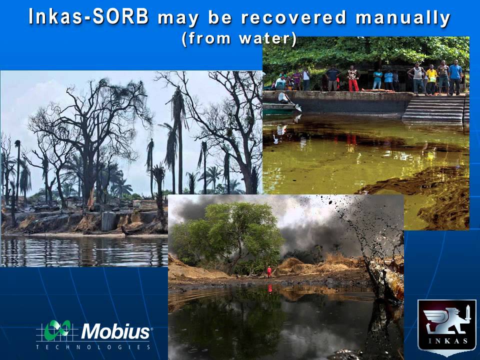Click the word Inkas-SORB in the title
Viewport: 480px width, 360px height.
point(89,17)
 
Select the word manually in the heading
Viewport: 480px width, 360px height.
point(403,18)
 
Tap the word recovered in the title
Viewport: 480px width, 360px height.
point(293,17)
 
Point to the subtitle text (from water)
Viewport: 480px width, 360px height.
point(239,39)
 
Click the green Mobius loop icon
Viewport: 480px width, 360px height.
point(57,330)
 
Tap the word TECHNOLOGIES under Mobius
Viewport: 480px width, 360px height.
point(93,347)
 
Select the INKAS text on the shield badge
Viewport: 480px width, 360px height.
point(447,341)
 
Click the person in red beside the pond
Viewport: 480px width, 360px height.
point(269,271)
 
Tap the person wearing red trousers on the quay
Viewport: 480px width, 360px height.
point(353,78)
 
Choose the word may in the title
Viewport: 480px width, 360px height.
point(178,19)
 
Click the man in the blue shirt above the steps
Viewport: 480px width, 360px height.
point(455,77)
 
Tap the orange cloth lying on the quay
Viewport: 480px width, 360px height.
point(371,90)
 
